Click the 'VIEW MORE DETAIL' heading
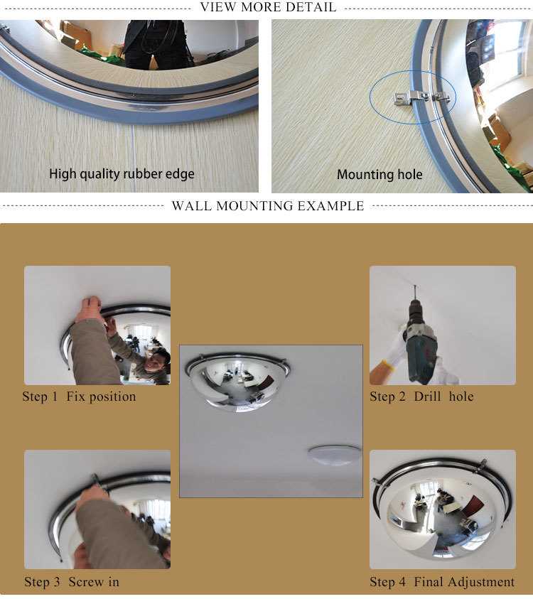(x=268, y=8)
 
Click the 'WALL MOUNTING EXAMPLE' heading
(x=268, y=207)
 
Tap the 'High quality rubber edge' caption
(x=122, y=173)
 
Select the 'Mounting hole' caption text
(x=379, y=174)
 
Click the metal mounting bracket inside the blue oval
(x=419, y=98)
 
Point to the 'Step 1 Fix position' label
(x=79, y=396)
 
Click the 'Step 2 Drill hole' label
(x=421, y=396)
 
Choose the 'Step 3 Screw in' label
(x=72, y=582)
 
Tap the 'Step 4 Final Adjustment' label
(x=442, y=582)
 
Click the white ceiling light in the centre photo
(x=334, y=455)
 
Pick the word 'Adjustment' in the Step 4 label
(x=479, y=582)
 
